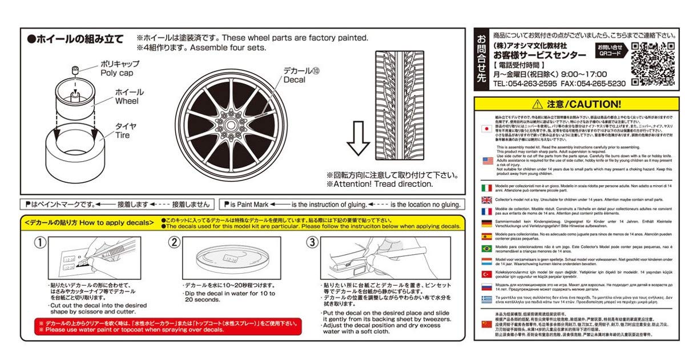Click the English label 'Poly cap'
click(x=116, y=73)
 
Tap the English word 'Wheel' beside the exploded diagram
click(x=127, y=101)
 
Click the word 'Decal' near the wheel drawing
click(x=295, y=80)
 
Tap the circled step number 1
click(x=39, y=242)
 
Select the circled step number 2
click(x=174, y=242)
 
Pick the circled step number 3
click(x=312, y=242)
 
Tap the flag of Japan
click(x=487, y=129)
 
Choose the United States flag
click(x=487, y=161)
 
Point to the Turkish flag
click(x=487, y=274)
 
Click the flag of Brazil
click(x=487, y=249)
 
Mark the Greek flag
click(x=487, y=299)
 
